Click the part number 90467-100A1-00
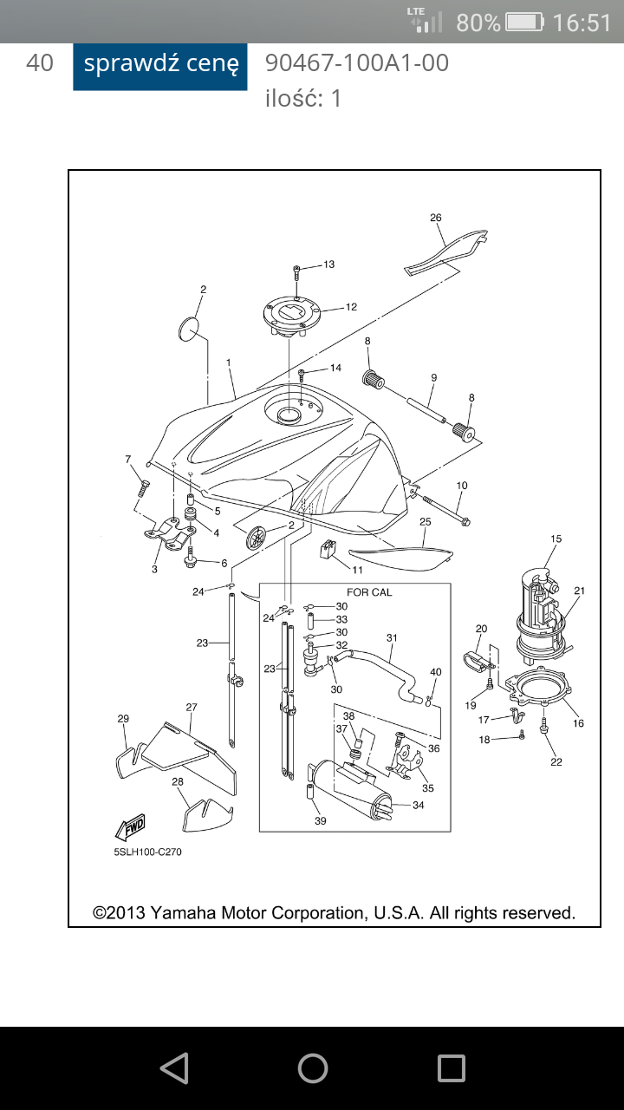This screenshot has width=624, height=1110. pyautogui.click(x=357, y=63)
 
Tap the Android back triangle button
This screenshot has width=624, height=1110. pyautogui.click(x=174, y=1068)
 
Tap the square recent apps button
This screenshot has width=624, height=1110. pyautogui.click(x=451, y=1068)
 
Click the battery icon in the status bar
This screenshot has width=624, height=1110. pyautogui.click(x=524, y=22)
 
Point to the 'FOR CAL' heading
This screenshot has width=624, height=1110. pyautogui.click(x=369, y=592)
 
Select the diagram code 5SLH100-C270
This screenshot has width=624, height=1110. pyautogui.click(x=147, y=852)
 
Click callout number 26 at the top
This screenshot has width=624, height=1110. pyautogui.click(x=436, y=218)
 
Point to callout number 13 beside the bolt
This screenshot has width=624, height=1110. pyautogui.click(x=328, y=264)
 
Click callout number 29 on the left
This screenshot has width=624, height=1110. pyautogui.click(x=123, y=719)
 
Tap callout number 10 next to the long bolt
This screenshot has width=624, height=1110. pyautogui.click(x=462, y=486)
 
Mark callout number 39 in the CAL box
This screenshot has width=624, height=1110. pyautogui.click(x=321, y=821)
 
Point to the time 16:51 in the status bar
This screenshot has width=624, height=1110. pyautogui.click(x=582, y=23)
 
